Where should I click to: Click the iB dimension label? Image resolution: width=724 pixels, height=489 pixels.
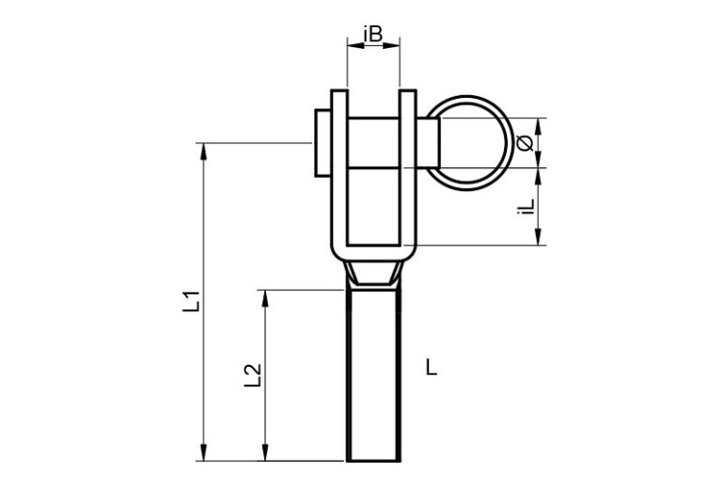pyautogui.click(x=373, y=34)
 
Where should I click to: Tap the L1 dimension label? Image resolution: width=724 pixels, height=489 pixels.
pyautogui.click(x=191, y=301)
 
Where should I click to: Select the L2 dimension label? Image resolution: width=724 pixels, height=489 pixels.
pyautogui.click(x=253, y=375)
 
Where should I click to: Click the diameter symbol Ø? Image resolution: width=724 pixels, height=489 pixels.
pyautogui.click(x=525, y=143)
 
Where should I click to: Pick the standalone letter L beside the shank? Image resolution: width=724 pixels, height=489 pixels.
pyautogui.click(x=432, y=368)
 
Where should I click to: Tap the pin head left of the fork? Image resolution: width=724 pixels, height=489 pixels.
pyautogui.click(x=323, y=143)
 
